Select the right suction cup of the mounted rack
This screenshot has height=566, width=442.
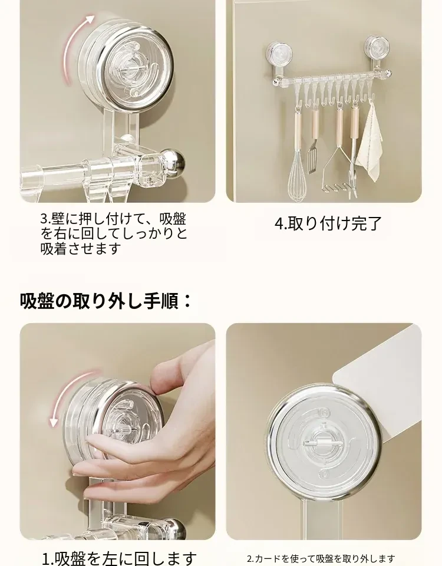pos(378,47)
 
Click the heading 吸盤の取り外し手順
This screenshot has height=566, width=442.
pos(105,301)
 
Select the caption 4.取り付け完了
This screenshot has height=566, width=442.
pos(328,223)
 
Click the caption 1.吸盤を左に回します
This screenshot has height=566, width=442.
pos(120,558)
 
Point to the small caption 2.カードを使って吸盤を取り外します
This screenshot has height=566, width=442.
pos(321,559)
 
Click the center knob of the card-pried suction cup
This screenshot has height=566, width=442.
pos(321,442)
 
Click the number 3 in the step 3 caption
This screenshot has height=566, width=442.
pos(44,219)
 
